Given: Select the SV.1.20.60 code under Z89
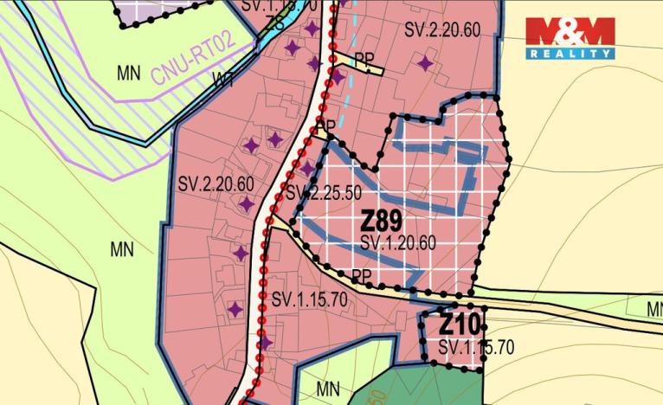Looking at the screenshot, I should [x=398, y=243].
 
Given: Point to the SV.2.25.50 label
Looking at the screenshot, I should [x=323, y=192].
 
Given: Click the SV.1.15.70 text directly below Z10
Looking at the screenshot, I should [x=476, y=347].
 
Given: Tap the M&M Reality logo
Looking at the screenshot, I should [x=570, y=39].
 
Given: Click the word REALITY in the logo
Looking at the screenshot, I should [x=570, y=54].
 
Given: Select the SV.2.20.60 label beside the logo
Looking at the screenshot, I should [x=442, y=30].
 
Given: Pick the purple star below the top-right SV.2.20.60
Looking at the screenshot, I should [x=424, y=63].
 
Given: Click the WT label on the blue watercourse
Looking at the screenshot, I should [x=222, y=80].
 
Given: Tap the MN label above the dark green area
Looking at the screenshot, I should [x=328, y=389].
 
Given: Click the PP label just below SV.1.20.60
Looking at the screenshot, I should [x=363, y=276].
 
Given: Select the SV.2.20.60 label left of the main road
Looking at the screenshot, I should [x=216, y=184].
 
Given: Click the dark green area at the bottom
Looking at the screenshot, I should [x=424, y=385].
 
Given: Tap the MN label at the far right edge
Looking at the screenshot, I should [x=653, y=309].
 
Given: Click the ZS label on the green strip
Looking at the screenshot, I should [x=276, y=23].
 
